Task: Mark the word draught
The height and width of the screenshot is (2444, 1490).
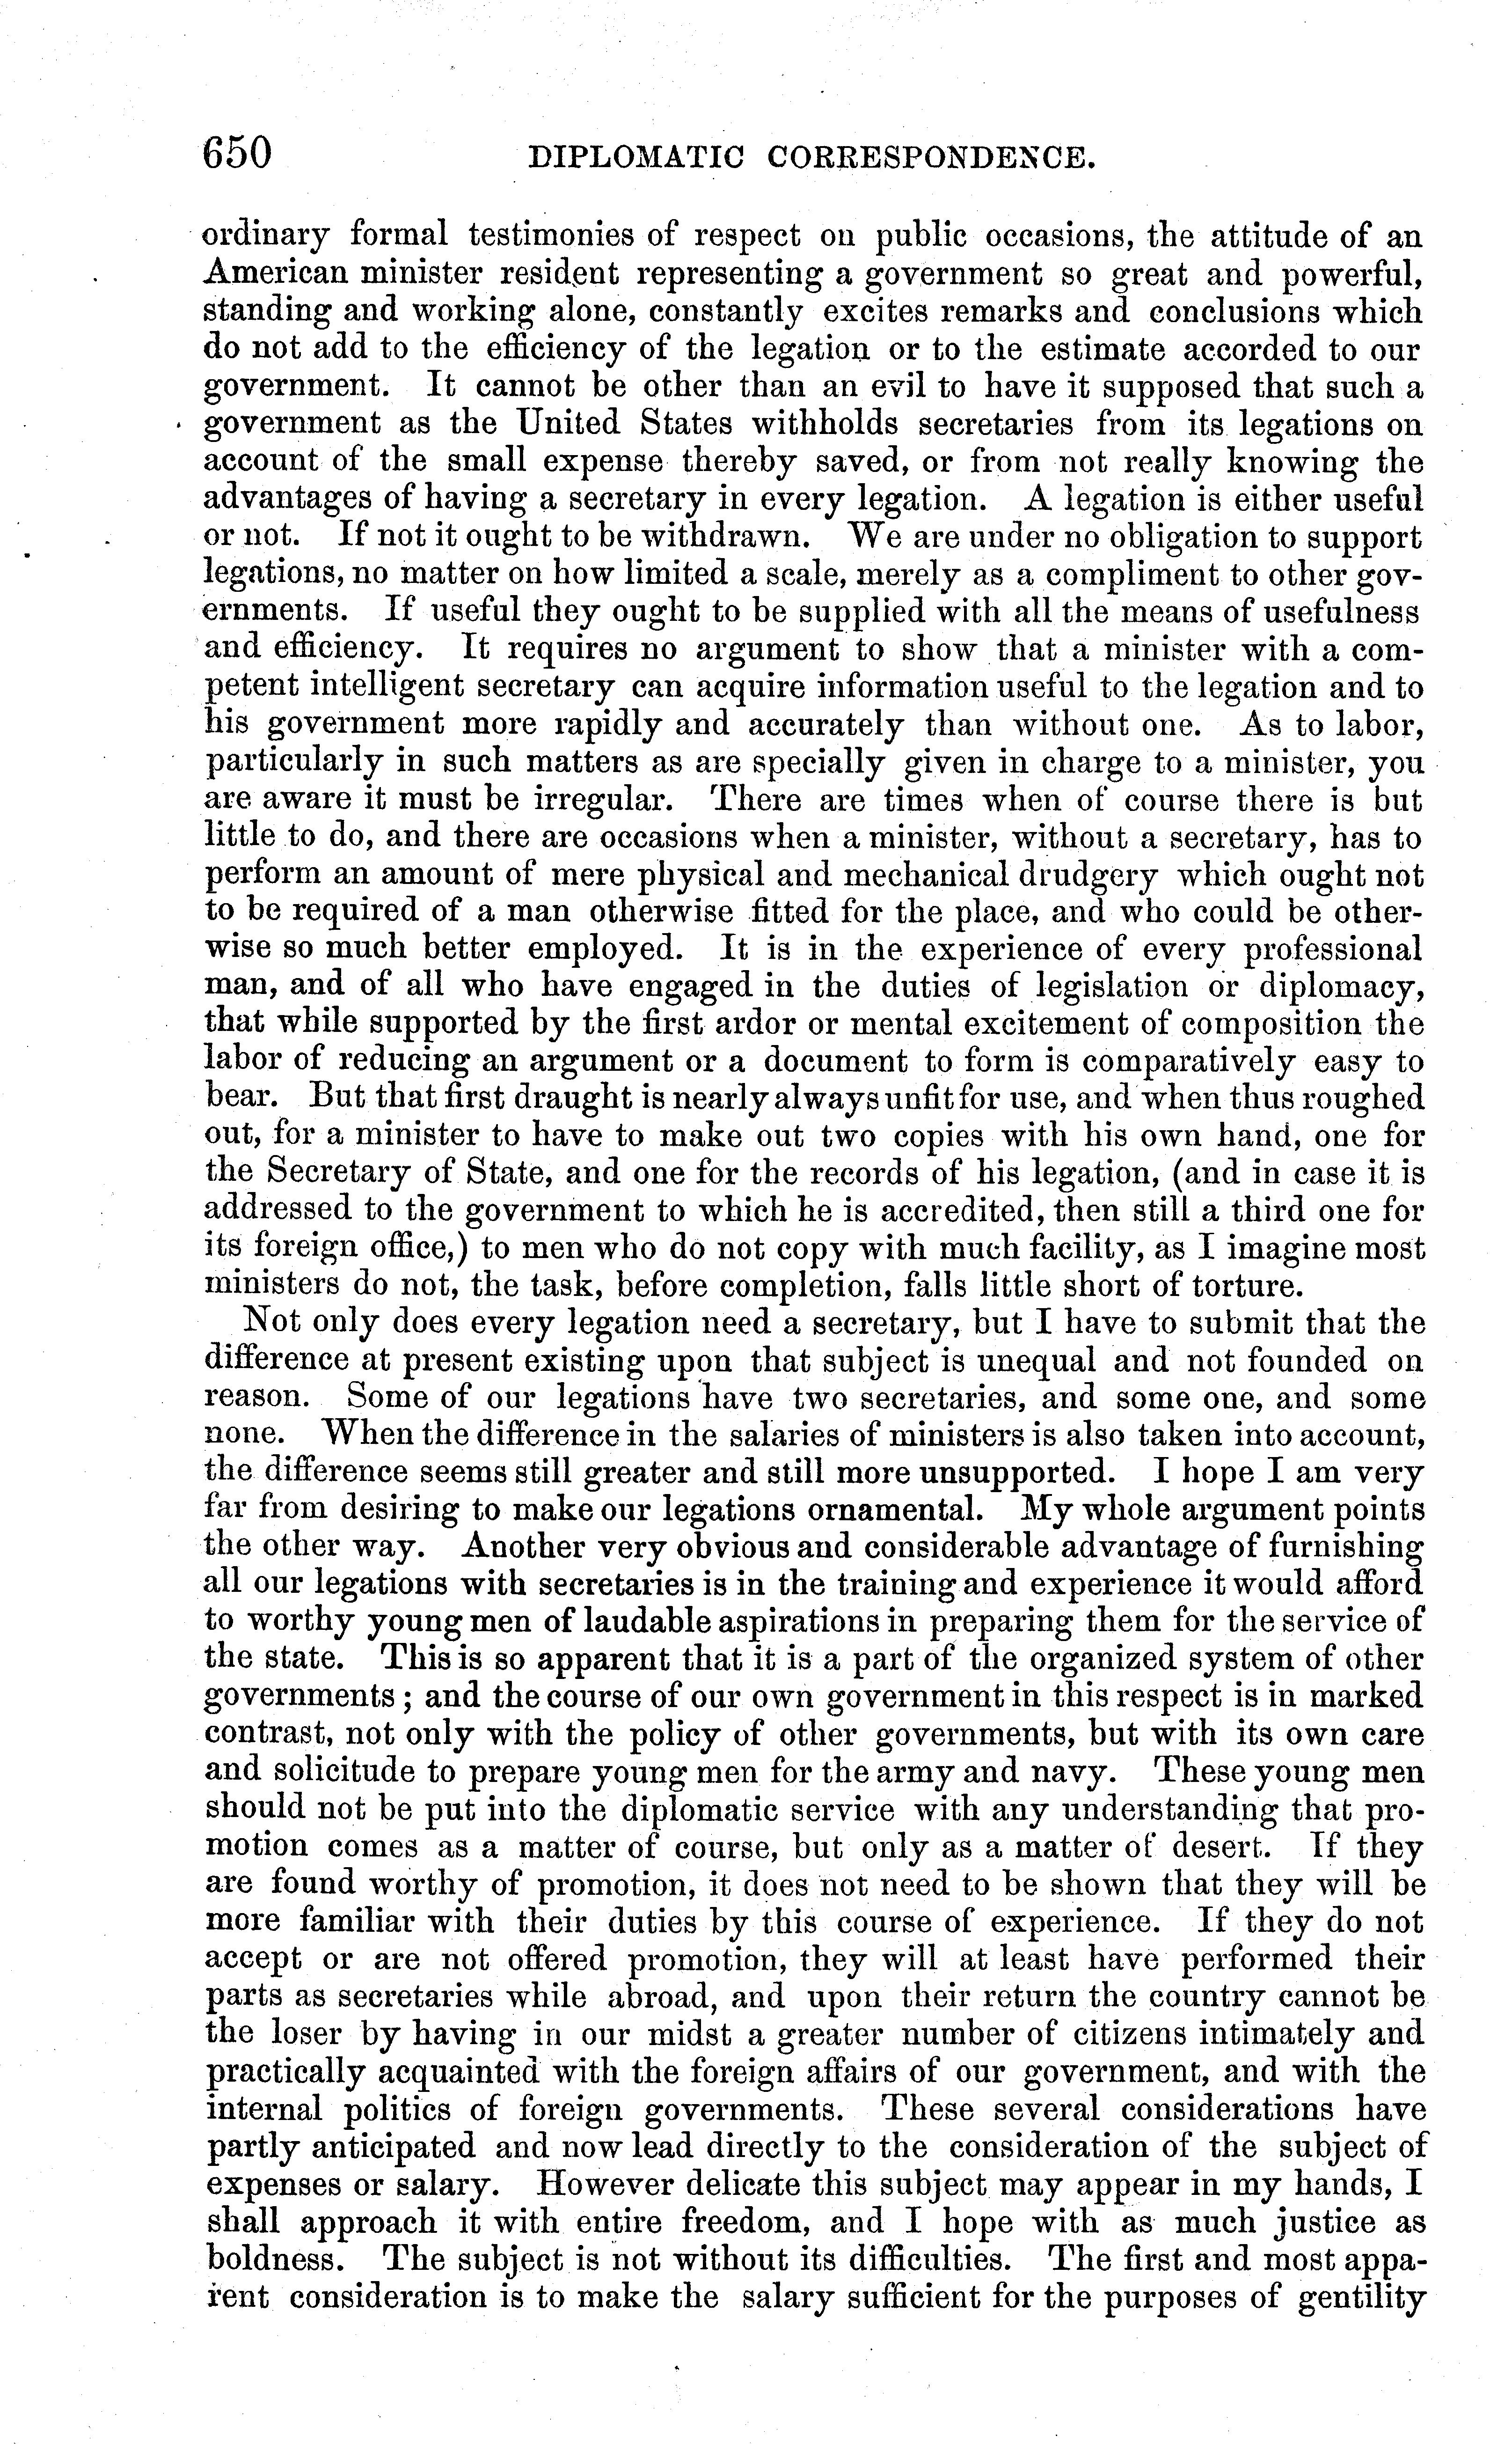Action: click(588, 1098)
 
